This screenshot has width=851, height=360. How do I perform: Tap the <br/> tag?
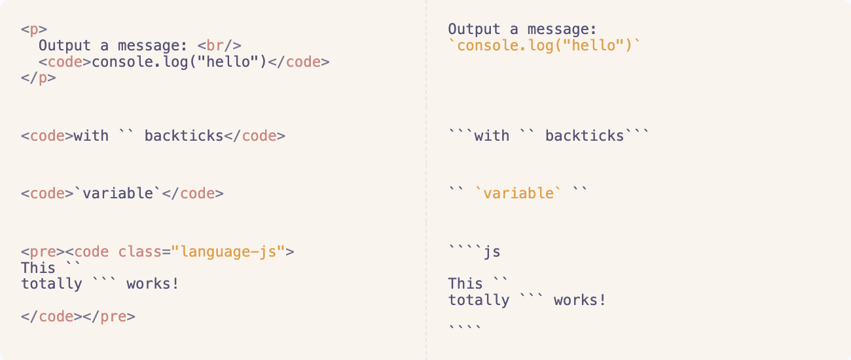[x=219, y=46]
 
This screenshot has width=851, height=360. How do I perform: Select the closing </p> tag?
[x=38, y=79]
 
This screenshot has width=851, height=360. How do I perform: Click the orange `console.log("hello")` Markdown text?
[x=544, y=46]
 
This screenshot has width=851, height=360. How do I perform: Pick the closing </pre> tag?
[x=109, y=317]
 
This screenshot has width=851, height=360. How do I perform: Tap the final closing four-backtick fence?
[x=465, y=326]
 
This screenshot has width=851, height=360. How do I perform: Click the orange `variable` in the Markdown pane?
[x=518, y=194]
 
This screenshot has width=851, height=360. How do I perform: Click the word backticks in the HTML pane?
[x=184, y=136]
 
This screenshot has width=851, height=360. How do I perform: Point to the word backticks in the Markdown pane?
[x=585, y=136]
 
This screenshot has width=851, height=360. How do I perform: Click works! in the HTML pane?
[x=153, y=284]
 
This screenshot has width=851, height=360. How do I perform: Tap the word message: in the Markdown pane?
[x=571, y=29]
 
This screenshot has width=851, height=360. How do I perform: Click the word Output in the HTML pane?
[x=65, y=46]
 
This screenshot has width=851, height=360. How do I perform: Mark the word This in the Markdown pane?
[x=465, y=284]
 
